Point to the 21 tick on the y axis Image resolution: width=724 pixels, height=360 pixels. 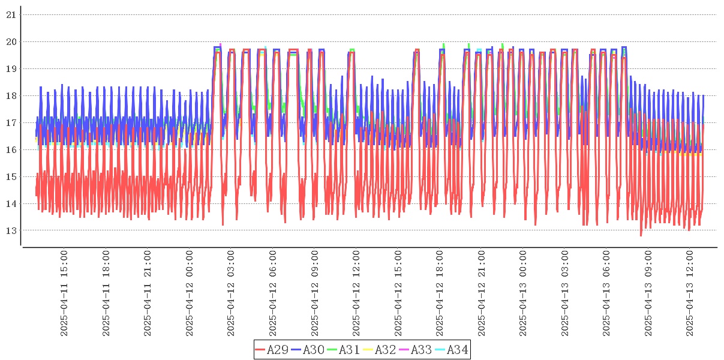[x=11, y=15]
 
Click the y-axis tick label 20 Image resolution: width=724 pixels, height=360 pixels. [x=11, y=42]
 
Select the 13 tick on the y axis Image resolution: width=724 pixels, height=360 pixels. [x=11, y=230]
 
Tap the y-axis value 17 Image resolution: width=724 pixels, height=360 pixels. [x=11, y=123]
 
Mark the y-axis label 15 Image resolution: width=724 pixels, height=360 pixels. [x=11, y=177]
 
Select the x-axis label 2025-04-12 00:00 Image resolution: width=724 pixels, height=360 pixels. [x=190, y=294]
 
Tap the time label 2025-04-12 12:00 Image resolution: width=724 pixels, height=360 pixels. [x=356, y=294]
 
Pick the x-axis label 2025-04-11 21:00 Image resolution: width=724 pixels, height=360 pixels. [x=148, y=294]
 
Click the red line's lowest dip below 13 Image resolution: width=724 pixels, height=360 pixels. [x=641, y=235]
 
